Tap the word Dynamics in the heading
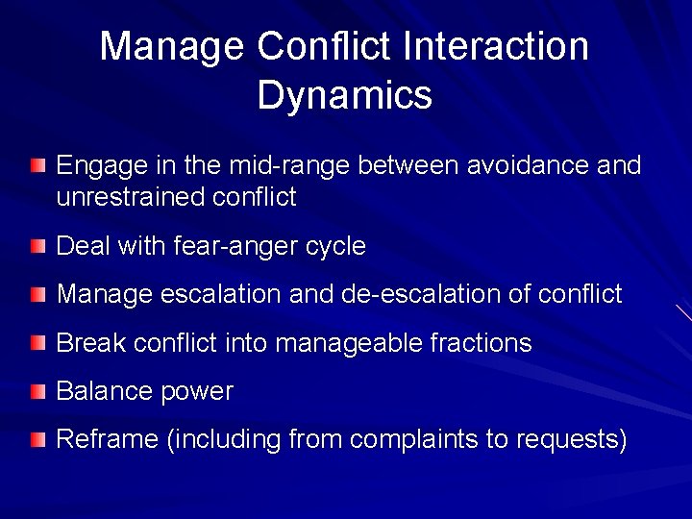[345, 95]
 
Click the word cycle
[335, 247]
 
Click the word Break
[90, 343]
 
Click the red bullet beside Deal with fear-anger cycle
[37, 246]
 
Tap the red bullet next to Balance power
[37, 391]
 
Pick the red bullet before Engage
[37, 166]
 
